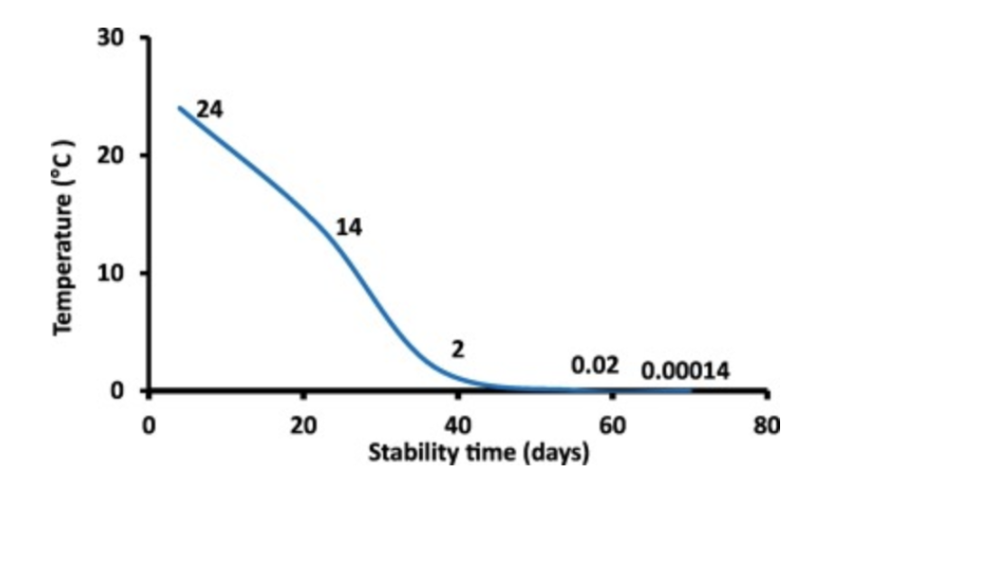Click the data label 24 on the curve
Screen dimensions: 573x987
tap(210, 110)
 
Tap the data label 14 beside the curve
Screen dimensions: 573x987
tap(349, 228)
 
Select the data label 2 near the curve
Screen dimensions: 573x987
tap(458, 349)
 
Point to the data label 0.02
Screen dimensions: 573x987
tap(595, 366)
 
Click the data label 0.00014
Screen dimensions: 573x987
tap(685, 371)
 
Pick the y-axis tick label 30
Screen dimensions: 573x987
tap(114, 39)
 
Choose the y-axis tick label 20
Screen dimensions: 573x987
tap(114, 155)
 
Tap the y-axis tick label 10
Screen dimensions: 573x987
tap(114, 273)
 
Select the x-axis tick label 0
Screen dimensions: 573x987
tap(150, 425)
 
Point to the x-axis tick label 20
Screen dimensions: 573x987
tap(304, 425)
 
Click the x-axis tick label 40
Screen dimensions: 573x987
tap(458, 425)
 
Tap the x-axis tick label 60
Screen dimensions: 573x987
tap(613, 425)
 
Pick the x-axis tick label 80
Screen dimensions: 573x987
tap(766, 425)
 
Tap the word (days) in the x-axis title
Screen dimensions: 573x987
tap(555, 452)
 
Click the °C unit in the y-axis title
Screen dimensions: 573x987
tap(63, 164)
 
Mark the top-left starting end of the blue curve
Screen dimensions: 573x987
tap(179, 108)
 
